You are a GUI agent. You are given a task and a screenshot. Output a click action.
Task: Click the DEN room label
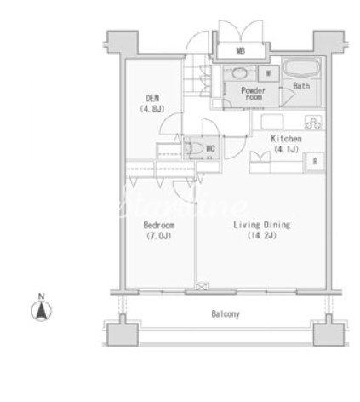point(152,98)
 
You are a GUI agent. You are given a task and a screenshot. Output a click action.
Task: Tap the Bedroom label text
point(159,225)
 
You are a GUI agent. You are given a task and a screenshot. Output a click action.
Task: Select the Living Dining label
point(261,225)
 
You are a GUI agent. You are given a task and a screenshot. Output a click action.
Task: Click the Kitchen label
point(286,139)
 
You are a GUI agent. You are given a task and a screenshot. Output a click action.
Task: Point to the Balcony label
point(226,313)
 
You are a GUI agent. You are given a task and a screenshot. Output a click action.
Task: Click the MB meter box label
point(241,51)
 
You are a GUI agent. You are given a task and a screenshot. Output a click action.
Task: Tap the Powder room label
point(253,94)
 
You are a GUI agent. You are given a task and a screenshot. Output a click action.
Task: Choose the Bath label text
point(301,86)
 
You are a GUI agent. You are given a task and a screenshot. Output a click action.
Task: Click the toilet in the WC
point(195,148)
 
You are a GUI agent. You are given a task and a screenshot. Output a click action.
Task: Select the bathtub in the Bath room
point(301,67)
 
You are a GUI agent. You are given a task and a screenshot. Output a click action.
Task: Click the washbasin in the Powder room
point(240,73)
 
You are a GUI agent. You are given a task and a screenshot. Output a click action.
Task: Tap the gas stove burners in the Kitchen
point(313,123)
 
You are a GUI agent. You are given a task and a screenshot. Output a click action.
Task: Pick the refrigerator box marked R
point(315,162)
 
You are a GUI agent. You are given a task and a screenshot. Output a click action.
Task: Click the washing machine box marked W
point(268,73)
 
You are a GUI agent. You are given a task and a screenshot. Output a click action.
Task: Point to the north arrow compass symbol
point(42,310)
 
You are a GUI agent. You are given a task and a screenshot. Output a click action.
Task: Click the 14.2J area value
point(262,235)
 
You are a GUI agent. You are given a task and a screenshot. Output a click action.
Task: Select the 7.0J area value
point(159,236)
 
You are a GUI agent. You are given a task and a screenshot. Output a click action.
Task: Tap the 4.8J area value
point(152,109)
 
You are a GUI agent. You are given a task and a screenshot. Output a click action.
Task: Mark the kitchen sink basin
point(272,122)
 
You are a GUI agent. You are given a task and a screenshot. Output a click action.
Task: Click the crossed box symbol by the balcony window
point(202,286)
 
